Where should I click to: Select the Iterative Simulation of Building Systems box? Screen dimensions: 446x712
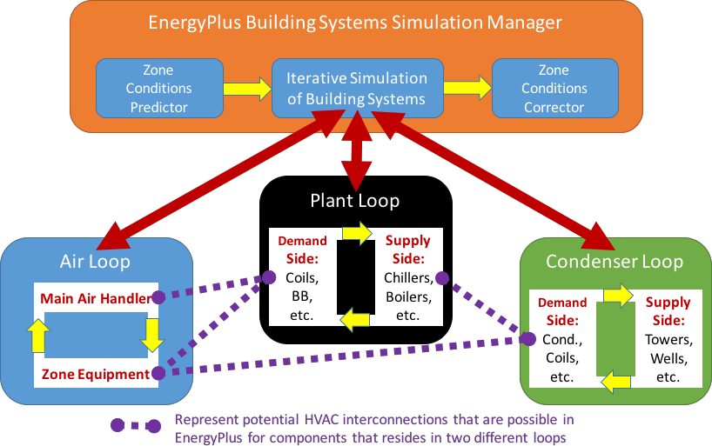click(356, 89)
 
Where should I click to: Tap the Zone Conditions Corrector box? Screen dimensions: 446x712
click(554, 89)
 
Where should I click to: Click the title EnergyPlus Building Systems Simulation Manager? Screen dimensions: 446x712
click(356, 23)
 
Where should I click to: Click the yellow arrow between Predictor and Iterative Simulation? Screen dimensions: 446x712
click(246, 89)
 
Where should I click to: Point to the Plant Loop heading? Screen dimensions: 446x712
click(355, 201)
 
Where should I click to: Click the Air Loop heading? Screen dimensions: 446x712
click(95, 261)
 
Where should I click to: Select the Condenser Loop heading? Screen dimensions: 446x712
click(614, 261)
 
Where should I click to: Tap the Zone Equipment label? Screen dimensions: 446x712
click(95, 373)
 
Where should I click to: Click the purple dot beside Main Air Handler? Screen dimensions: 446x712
click(158, 297)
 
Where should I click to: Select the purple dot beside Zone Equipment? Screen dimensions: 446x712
click(158, 373)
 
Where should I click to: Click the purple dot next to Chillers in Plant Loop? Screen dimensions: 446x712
click(441, 278)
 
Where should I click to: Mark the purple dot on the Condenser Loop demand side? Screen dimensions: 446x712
click(527, 337)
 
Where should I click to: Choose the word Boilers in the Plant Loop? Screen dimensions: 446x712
click(407, 296)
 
